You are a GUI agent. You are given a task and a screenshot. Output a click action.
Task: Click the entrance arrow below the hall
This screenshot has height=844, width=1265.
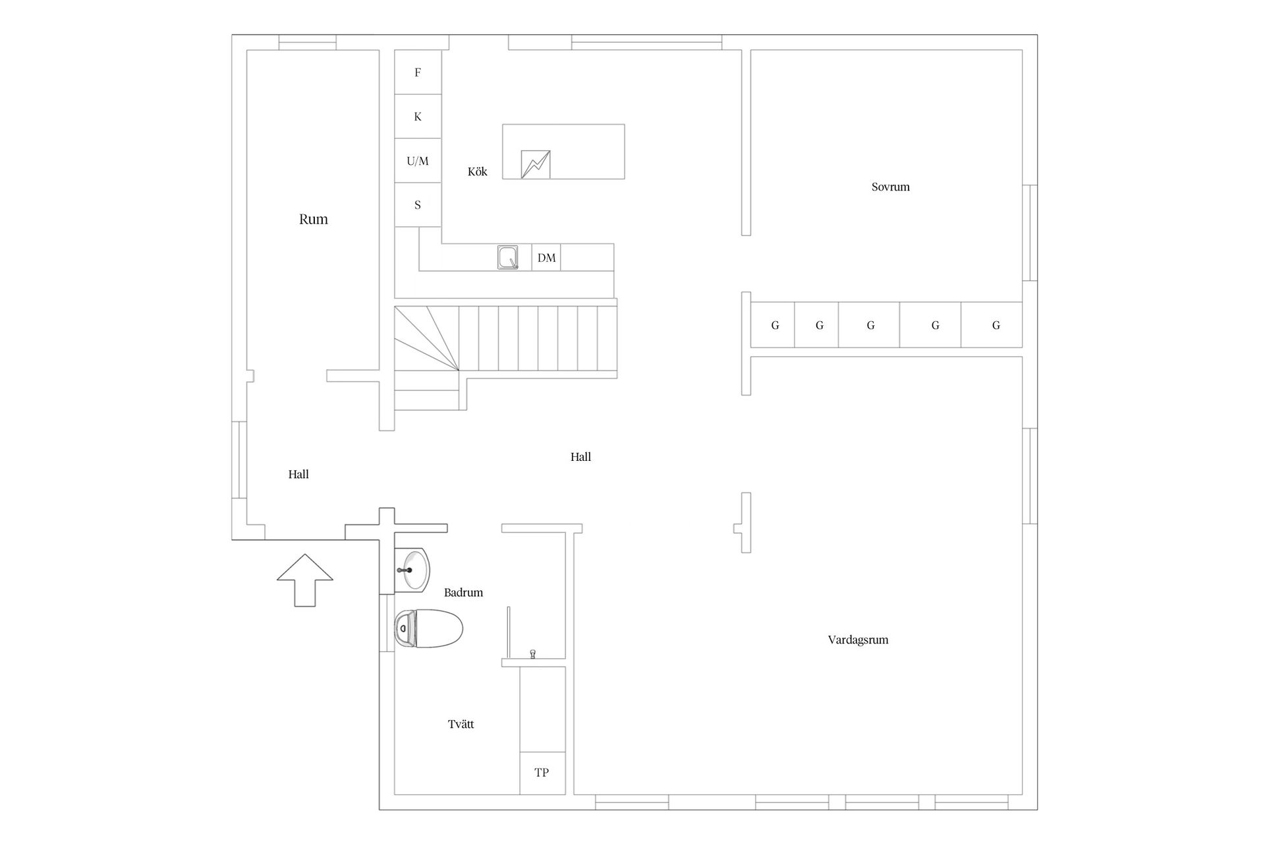pos(305,580)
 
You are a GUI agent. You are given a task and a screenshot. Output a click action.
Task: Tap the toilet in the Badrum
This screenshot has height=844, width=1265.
pos(428,628)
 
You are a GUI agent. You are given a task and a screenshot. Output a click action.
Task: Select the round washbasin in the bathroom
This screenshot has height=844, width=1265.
pos(412,568)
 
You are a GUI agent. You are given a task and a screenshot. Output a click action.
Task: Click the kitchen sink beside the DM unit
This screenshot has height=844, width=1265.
pos(507,257)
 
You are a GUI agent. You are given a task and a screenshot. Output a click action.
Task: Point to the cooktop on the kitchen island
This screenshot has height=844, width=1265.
pos(536,164)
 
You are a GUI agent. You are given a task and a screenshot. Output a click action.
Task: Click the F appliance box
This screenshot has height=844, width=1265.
pos(418,73)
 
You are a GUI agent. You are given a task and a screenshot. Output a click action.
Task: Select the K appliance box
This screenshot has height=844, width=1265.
pos(418,117)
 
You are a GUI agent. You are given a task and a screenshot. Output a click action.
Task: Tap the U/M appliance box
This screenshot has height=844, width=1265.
pos(418,161)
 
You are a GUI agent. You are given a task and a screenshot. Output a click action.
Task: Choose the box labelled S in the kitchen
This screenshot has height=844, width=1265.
pos(418,205)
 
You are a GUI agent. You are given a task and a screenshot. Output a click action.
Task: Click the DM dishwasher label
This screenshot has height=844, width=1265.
pos(547,258)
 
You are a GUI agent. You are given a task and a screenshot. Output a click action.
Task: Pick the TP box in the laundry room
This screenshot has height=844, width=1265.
pos(542,773)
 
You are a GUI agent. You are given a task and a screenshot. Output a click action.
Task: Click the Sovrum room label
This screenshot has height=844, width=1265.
pos(891,187)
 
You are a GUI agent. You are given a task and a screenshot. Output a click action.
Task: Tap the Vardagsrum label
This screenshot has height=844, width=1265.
pos(858,640)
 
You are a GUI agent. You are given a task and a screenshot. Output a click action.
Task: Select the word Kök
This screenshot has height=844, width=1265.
pos(478,171)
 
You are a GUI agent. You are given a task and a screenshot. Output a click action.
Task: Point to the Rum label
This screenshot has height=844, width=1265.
pos(314,219)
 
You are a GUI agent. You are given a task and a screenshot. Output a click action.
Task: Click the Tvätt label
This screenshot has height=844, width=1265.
pos(461,724)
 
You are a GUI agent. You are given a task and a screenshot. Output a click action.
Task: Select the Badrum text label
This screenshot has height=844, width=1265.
pos(464,592)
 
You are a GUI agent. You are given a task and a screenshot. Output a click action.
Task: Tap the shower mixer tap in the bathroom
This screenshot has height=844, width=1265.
pos(533,653)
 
